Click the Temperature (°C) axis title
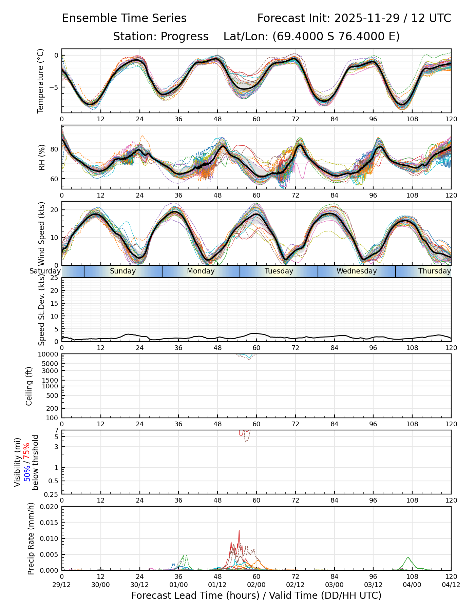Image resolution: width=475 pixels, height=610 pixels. [41, 81]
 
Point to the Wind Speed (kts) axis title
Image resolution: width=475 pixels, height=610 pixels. [41, 233]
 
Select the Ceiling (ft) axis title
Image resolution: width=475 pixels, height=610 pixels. [29, 386]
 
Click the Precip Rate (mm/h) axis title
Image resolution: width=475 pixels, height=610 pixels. [31, 538]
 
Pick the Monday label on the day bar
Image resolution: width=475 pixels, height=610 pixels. [201, 271]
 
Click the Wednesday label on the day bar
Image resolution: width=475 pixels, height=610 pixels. [357, 271]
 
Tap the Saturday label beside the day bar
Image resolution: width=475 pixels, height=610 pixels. [45, 271]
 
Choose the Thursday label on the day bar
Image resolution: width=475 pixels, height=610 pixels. [435, 271]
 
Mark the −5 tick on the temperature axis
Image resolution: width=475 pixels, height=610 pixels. [54, 87]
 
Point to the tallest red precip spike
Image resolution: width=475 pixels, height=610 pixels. [239, 531]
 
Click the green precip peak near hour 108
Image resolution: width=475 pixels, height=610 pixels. [408, 557]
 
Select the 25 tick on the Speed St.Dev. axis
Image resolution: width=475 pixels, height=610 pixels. [55, 278]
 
